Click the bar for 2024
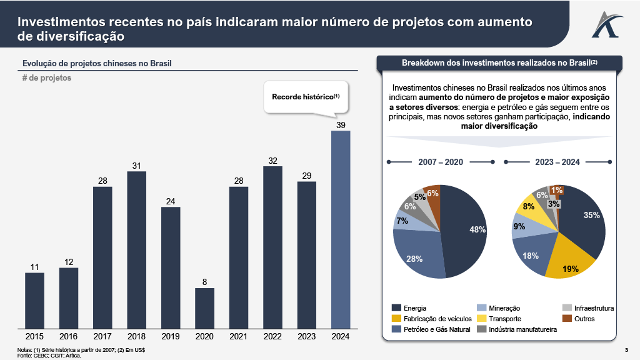[x=340, y=229]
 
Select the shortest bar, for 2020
[x=204, y=308]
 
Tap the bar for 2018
[x=136, y=249]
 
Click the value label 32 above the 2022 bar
[x=272, y=161]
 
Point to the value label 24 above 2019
[x=171, y=201]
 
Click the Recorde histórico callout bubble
[x=305, y=97]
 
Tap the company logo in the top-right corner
[x=604, y=23]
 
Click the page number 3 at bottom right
[x=626, y=349]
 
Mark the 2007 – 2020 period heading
[x=441, y=162]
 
